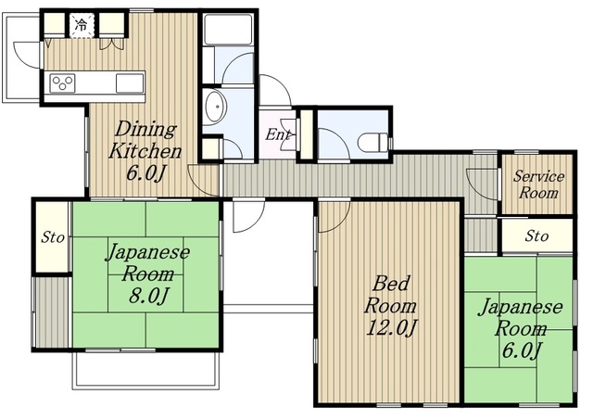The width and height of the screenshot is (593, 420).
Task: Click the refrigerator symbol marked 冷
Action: pyautogui.click(x=82, y=25)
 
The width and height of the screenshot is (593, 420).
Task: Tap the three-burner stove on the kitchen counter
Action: pyautogui.click(x=62, y=83)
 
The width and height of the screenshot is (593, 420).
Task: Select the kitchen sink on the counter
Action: pyautogui.click(x=130, y=83)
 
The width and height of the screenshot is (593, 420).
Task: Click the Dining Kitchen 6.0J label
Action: pyautogui.click(x=145, y=151)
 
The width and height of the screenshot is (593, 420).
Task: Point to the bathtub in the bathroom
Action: pyautogui.click(x=228, y=30)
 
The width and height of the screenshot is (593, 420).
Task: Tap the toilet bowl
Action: pyautogui.click(x=373, y=142)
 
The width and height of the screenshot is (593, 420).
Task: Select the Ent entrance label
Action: pyautogui.click(x=278, y=134)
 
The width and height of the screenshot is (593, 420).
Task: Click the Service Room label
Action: pyautogui.click(x=538, y=185)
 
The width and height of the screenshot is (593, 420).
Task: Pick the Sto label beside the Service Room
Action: pyautogui.click(x=536, y=236)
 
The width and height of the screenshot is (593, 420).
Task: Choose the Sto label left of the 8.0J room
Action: pyautogui.click(x=53, y=237)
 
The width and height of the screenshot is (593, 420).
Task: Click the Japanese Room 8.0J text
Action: pyautogui.click(x=148, y=274)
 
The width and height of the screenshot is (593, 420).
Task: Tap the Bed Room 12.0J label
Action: pyautogui.click(x=390, y=306)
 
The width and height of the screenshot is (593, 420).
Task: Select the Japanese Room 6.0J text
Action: pyautogui.click(x=521, y=328)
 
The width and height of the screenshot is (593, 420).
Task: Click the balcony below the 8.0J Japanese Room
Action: pyautogui.click(x=146, y=370)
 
